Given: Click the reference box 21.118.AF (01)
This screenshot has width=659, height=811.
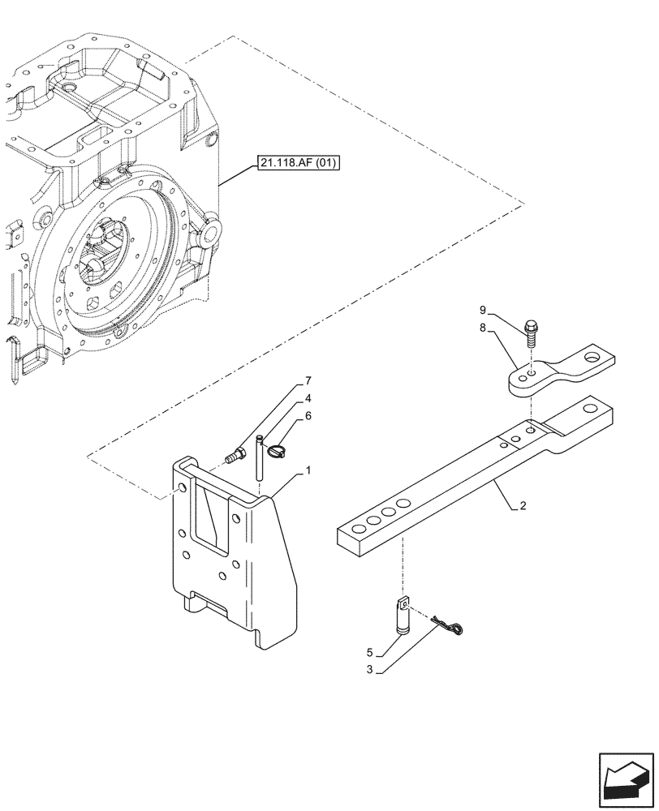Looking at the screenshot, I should [x=299, y=162].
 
